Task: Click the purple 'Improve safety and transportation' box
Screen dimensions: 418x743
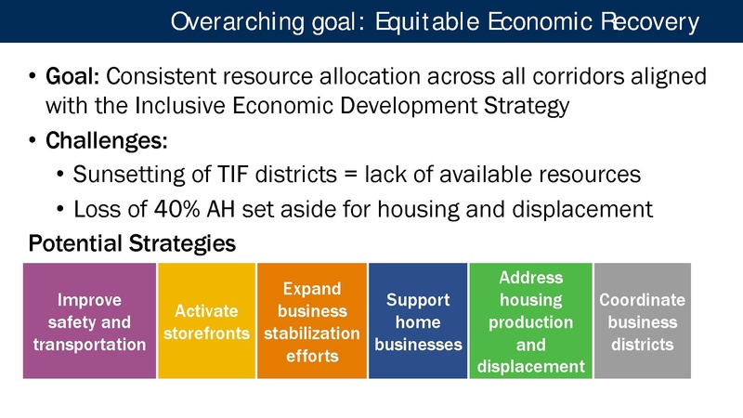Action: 89,321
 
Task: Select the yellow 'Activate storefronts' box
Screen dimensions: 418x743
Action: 206,321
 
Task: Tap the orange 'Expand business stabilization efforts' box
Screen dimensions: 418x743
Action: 311,321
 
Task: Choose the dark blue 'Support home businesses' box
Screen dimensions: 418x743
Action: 418,321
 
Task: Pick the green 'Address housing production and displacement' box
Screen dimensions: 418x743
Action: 530,321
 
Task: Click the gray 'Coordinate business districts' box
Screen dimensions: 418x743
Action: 642,321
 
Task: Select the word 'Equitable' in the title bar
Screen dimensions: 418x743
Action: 412,21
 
